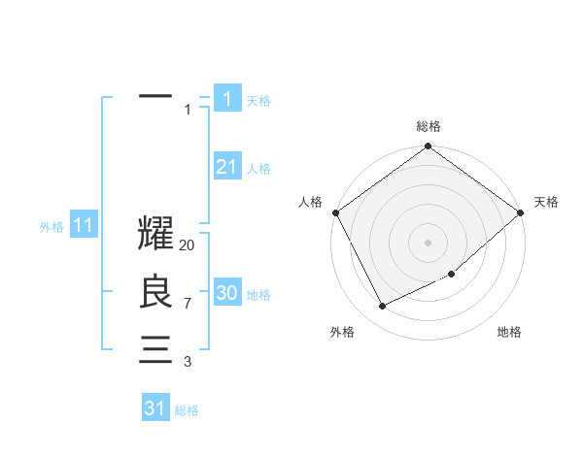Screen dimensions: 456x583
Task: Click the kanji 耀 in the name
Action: [156, 234]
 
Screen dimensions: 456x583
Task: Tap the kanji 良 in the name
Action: [156, 292]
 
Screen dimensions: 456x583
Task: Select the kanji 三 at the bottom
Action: [156, 349]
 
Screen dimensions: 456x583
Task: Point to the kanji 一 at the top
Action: [156, 97]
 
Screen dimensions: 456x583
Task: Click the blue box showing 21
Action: [226, 167]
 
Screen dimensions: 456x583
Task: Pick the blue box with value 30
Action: [226, 293]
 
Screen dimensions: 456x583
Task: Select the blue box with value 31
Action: [155, 408]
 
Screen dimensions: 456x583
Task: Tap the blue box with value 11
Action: [83, 226]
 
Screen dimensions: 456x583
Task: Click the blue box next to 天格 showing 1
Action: [226, 99]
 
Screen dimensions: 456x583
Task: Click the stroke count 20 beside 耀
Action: [188, 245]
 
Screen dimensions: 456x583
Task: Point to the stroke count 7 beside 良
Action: [188, 304]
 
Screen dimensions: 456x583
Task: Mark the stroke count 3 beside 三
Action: [188, 362]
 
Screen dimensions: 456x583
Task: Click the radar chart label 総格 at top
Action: [429, 126]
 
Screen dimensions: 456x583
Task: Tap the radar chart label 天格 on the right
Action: [546, 202]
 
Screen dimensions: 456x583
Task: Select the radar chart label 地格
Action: [509, 332]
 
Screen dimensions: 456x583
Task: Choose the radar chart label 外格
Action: [342, 332]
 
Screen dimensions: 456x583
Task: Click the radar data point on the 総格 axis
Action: [429, 147]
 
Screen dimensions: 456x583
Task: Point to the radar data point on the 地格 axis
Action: [452, 274]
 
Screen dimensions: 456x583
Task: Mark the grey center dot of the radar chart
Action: [429, 242]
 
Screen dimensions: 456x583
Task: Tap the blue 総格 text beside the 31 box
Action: [187, 410]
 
